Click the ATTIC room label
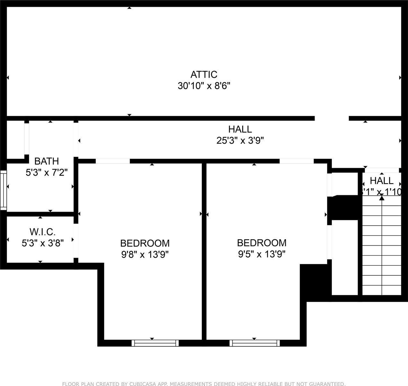pos(204,75)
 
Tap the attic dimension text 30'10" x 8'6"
pos(204,86)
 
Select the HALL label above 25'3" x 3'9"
pos(240,129)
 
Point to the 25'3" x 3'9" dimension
pos(240,141)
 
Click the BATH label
pos(47,161)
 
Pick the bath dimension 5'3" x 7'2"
pos(47,173)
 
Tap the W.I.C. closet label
pos(43,231)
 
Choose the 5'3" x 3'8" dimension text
pos(43,243)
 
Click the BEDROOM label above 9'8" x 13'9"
pos(145,243)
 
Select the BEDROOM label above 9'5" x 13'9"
pos(262,243)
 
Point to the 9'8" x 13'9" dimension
pos(145,254)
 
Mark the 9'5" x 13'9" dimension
pos(262,254)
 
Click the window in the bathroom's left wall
pos(3,190)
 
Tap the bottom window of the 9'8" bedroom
pos(155,343)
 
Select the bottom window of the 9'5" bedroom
pos(254,343)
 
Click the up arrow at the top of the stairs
pos(382,198)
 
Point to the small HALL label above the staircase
pos(381,180)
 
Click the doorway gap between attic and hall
pos(332,118)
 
